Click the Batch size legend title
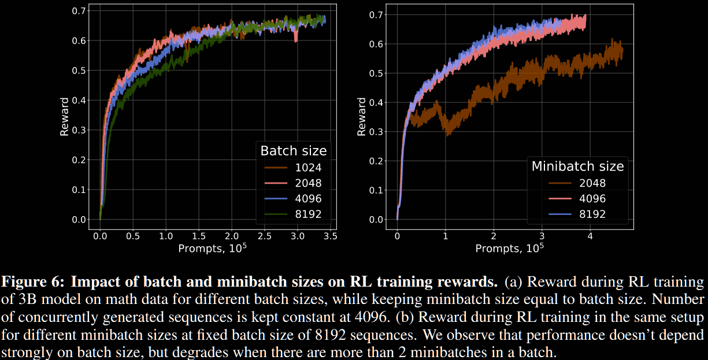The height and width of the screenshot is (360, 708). click(x=294, y=151)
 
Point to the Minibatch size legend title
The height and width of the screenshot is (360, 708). click(x=577, y=166)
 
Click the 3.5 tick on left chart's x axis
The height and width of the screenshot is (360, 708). click(x=330, y=236)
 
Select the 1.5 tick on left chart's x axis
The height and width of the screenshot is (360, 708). click(x=199, y=236)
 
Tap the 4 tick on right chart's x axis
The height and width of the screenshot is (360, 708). click(x=590, y=236)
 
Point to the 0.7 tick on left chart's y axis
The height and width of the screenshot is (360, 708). click(x=79, y=11)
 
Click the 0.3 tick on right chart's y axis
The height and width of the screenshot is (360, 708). click(x=376, y=131)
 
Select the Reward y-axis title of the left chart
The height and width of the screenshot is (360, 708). click(x=65, y=117)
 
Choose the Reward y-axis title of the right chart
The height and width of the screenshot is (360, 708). click(x=362, y=117)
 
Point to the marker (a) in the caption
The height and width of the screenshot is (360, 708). click(x=512, y=283)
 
